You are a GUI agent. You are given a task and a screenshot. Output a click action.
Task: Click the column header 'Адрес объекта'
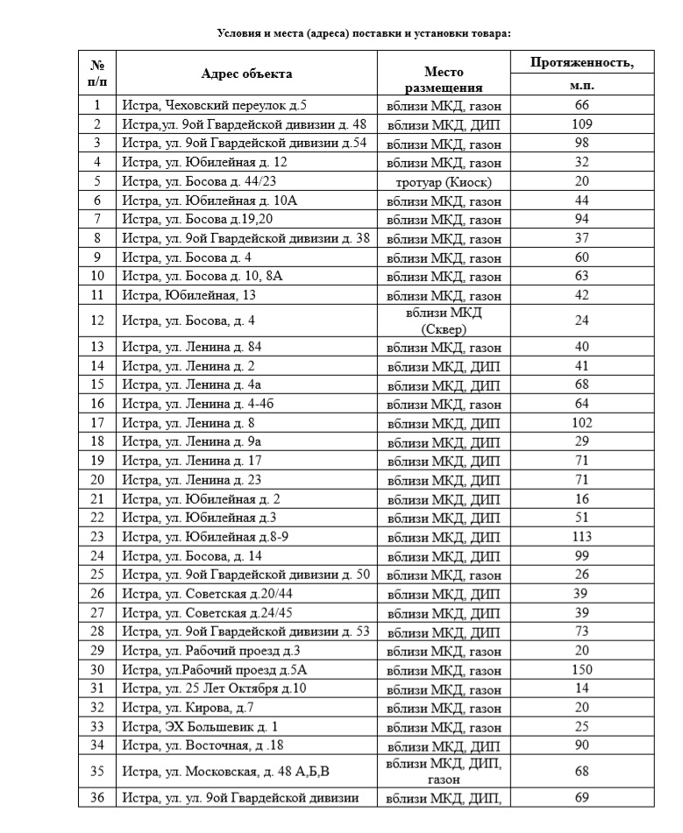click(246, 74)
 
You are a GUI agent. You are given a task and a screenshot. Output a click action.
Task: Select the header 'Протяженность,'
click(582, 63)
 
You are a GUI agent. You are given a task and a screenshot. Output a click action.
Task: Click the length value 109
click(582, 124)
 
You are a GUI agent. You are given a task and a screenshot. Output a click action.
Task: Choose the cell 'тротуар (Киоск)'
click(444, 181)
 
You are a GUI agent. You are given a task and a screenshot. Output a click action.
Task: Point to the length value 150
click(582, 670)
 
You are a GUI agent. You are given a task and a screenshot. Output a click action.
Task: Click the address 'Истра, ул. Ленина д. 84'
click(192, 347)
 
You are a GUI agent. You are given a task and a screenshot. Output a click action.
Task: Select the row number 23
click(96, 537)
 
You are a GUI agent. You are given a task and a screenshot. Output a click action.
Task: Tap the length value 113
click(582, 537)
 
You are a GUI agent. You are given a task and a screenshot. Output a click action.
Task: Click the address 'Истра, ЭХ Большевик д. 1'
click(201, 727)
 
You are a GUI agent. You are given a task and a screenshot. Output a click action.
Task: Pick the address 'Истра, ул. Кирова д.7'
click(189, 708)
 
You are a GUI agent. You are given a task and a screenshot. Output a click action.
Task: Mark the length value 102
click(582, 423)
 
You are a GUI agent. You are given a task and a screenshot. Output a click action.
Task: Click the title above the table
click(364, 33)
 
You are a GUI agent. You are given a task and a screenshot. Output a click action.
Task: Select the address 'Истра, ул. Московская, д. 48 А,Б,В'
click(228, 771)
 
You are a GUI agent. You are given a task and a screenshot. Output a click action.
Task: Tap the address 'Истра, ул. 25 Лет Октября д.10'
click(215, 688)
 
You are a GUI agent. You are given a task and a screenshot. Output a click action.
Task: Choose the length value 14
click(582, 688)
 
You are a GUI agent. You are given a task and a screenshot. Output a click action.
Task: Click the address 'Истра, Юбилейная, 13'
click(189, 295)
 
